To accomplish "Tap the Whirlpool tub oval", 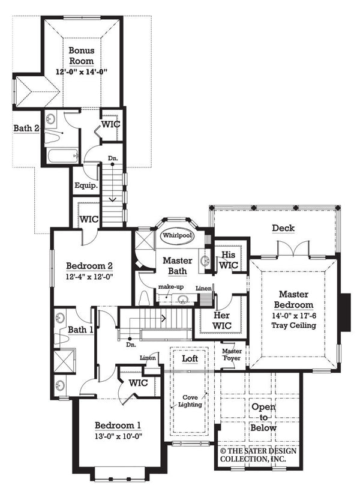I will (176, 236).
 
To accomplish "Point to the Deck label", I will (283, 228).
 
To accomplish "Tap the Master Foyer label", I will (232, 355).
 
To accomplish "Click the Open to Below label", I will (263, 417).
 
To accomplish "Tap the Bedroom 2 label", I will (89, 266).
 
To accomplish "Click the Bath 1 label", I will (80, 330).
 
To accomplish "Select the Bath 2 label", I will (26, 128).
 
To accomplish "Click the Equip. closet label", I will (86, 186).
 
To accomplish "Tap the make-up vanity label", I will (170, 288).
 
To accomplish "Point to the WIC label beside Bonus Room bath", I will (111, 124).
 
